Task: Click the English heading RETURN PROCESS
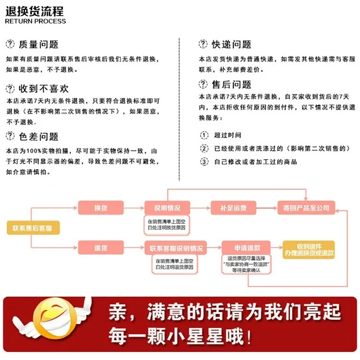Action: click(x=36, y=21)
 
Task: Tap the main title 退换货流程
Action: click(x=35, y=11)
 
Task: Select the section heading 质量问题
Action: click(x=38, y=44)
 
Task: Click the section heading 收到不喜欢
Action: click(x=44, y=89)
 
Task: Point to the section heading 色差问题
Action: click(x=38, y=137)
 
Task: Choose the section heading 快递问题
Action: click(x=231, y=44)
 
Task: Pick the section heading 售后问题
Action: click(x=231, y=84)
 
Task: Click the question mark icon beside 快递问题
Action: click(x=203, y=44)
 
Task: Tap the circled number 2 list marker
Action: click(x=204, y=148)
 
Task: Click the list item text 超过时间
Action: click(x=228, y=135)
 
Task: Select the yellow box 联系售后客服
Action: click(x=33, y=228)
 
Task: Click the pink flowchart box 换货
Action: click(x=101, y=208)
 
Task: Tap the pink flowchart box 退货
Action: click(x=101, y=248)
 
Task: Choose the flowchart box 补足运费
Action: click(x=233, y=208)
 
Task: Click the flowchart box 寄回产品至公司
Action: click(x=306, y=208)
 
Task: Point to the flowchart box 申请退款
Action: click(x=246, y=248)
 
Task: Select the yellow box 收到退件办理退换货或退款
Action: click(x=309, y=250)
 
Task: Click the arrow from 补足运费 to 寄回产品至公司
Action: click(x=267, y=208)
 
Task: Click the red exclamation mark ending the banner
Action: click(x=249, y=336)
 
